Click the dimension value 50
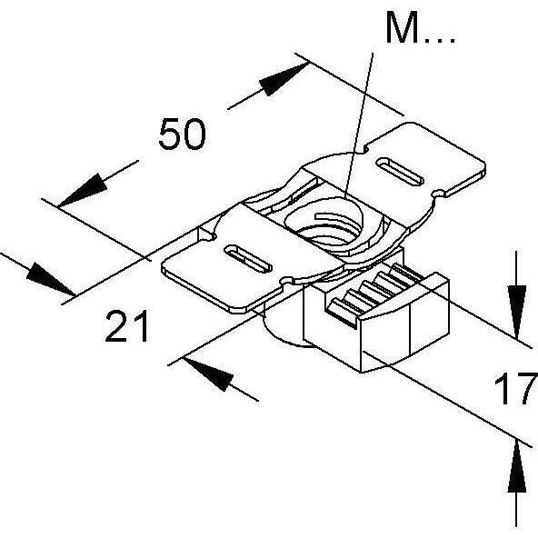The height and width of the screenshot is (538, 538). coord(182,134)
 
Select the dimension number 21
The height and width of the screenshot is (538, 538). coord(127,326)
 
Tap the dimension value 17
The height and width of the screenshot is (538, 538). coord(514,392)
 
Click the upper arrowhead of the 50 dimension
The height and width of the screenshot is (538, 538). coord(276,83)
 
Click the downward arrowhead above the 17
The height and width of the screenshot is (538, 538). coord(516,299)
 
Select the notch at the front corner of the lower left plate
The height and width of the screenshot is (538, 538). coord(290,283)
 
